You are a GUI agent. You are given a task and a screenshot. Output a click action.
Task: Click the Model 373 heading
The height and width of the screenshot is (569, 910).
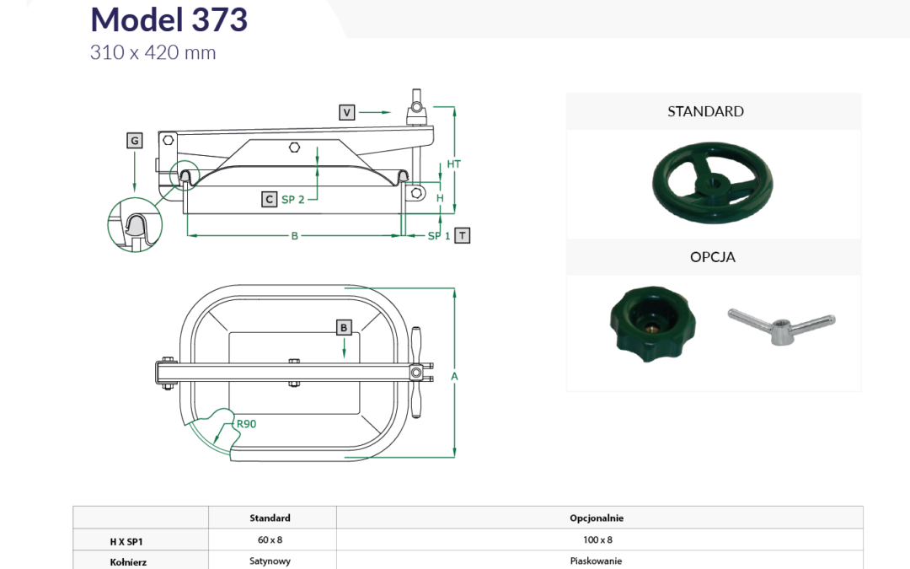[169, 19]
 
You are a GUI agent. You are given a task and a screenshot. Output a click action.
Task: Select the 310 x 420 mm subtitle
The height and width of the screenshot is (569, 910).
[153, 53]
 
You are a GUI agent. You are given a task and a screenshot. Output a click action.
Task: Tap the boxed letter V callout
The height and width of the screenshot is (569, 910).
[346, 112]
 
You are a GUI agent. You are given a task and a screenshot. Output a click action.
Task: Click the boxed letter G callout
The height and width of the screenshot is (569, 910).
[135, 141]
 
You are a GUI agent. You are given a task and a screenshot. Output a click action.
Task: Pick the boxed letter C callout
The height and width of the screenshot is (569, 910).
[270, 199]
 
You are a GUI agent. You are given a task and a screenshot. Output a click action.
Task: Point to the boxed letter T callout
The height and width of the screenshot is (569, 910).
[462, 235]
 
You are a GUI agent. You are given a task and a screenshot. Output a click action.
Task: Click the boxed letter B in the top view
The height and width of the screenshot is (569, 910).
[344, 327]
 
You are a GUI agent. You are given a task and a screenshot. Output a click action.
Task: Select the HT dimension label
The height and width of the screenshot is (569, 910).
[454, 164]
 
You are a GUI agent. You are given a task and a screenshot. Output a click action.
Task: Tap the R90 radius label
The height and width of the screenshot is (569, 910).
[246, 424]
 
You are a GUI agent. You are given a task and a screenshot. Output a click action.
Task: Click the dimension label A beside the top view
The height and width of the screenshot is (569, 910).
[454, 376]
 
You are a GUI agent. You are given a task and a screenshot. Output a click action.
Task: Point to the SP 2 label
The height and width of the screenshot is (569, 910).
[293, 200]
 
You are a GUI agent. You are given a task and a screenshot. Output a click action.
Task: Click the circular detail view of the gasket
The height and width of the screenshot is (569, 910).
[135, 225]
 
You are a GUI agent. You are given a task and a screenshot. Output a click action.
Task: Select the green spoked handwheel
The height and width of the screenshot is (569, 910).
[713, 182]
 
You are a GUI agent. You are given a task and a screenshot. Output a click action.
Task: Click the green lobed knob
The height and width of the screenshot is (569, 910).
[652, 324]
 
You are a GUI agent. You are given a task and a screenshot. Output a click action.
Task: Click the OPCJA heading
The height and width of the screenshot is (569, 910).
[713, 256]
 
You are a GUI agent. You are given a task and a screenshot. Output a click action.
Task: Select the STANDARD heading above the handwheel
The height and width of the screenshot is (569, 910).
[706, 111]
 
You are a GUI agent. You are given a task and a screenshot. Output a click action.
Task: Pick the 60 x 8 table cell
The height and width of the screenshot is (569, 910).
[270, 540]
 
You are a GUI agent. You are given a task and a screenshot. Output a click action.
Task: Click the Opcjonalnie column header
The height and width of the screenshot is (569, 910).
[597, 518]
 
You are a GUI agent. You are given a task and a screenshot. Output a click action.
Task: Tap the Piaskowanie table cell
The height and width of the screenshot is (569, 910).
[596, 561]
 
